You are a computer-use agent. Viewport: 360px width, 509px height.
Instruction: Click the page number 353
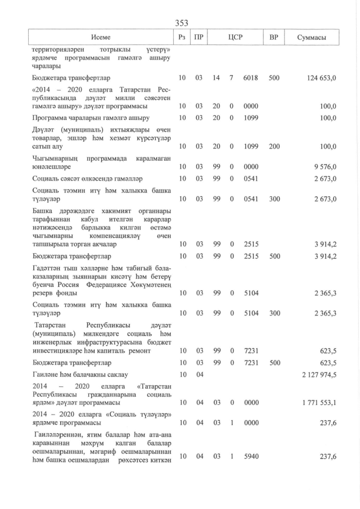182,22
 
